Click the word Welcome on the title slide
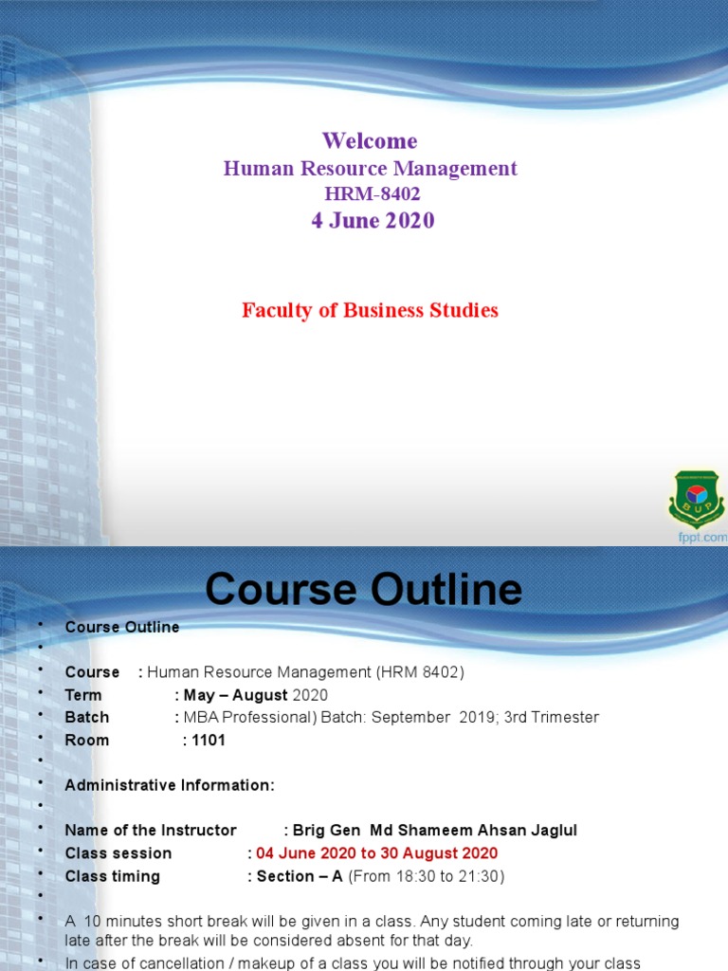click(x=370, y=141)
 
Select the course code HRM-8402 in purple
click(x=372, y=194)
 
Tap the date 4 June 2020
click(x=373, y=221)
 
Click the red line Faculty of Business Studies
click(x=370, y=310)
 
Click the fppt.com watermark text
click(x=702, y=537)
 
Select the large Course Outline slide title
click(x=364, y=589)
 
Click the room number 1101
click(x=209, y=740)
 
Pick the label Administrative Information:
click(x=170, y=785)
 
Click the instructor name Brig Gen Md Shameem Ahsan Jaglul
click(x=435, y=830)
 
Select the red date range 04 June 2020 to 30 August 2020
click(x=376, y=853)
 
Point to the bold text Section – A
click(x=300, y=876)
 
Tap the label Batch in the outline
click(x=87, y=717)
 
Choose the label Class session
click(x=118, y=853)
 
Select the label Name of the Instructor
click(x=151, y=830)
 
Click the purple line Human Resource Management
click(x=370, y=169)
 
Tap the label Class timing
click(x=113, y=876)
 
